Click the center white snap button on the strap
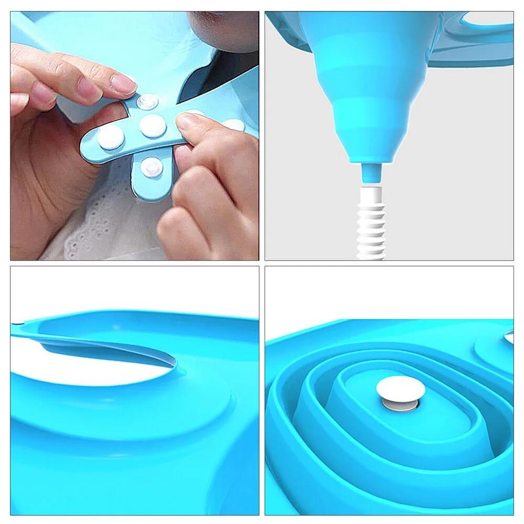(153, 126)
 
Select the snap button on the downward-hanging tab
(151, 167)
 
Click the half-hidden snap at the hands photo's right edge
(234, 125)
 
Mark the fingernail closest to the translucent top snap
(124, 82)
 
